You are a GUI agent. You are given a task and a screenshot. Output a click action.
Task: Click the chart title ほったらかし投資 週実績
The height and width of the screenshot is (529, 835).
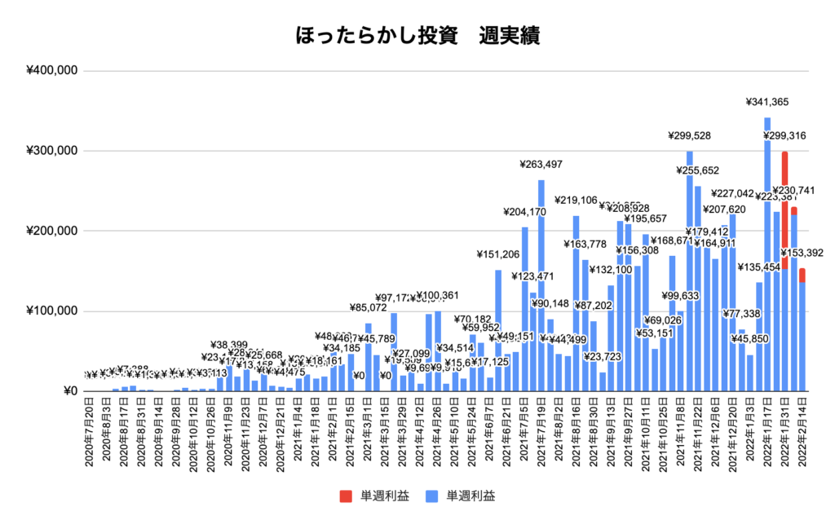click(x=417, y=37)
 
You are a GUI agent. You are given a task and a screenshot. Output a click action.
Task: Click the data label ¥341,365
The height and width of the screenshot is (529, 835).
click(x=767, y=102)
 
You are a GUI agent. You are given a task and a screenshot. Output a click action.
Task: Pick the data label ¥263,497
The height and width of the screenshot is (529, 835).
click(x=541, y=164)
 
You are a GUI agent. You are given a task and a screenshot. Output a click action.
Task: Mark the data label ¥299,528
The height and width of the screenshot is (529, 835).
click(x=689, y=136)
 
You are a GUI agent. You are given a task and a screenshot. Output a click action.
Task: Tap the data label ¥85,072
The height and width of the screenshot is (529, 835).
click(x=369, y=308)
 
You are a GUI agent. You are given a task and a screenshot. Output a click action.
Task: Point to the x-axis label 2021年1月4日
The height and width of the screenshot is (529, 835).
click(x=298, y=432)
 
